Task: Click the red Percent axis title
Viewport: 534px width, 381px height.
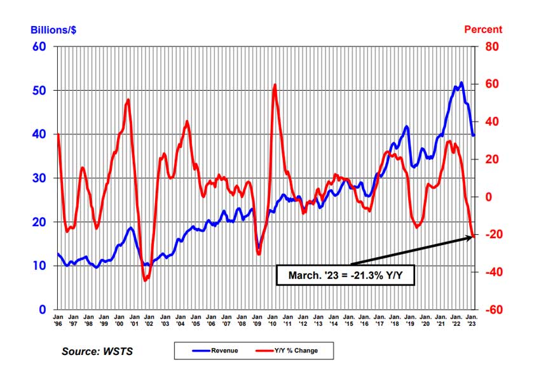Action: point(483,29)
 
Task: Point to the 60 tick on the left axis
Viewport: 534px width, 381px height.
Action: point(41,46)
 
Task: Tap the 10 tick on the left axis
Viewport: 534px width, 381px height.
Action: point(41,265)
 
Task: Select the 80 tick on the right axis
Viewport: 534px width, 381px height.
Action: point(492,46)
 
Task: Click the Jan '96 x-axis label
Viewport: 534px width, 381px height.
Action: point(58,319)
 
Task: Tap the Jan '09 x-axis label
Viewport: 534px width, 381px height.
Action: point(257,319)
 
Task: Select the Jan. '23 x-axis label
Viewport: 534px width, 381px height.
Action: point(472,319)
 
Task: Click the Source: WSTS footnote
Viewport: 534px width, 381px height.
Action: point(97,351)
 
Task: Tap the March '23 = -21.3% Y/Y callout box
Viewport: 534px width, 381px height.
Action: point(345,276)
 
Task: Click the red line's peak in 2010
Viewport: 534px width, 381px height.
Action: point(275,84)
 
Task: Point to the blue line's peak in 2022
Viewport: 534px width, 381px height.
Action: point(461,83)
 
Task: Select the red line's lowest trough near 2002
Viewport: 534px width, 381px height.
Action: point(145,279)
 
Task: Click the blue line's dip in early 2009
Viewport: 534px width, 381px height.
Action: point(258,248)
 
